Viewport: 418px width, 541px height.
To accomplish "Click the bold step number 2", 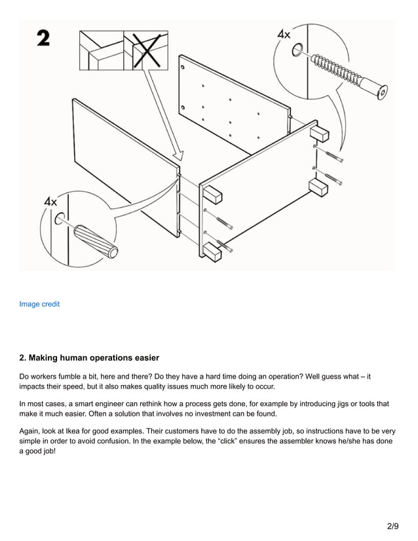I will pos(43,39).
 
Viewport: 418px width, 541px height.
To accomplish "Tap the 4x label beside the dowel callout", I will pos(50,202).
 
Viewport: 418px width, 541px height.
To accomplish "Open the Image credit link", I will pos(39,304).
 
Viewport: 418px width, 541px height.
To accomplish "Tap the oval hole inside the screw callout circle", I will pos(297,50).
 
